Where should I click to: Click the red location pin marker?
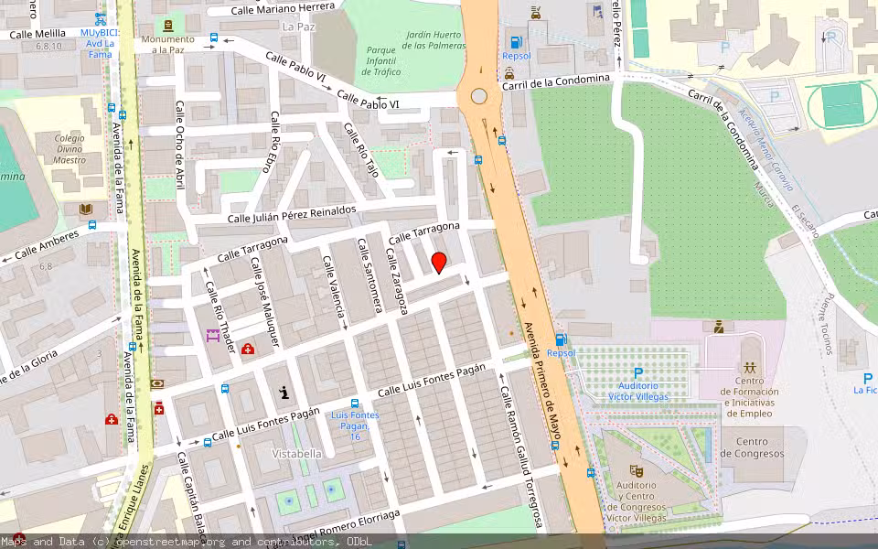point(439,263)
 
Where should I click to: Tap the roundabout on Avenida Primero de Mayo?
point(478,96)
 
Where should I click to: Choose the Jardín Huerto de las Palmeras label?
point(433,39)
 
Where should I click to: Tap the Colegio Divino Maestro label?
point(70,149)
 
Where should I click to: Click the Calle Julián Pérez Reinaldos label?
point(292,214)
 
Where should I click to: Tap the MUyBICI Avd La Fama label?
point(100,37)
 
